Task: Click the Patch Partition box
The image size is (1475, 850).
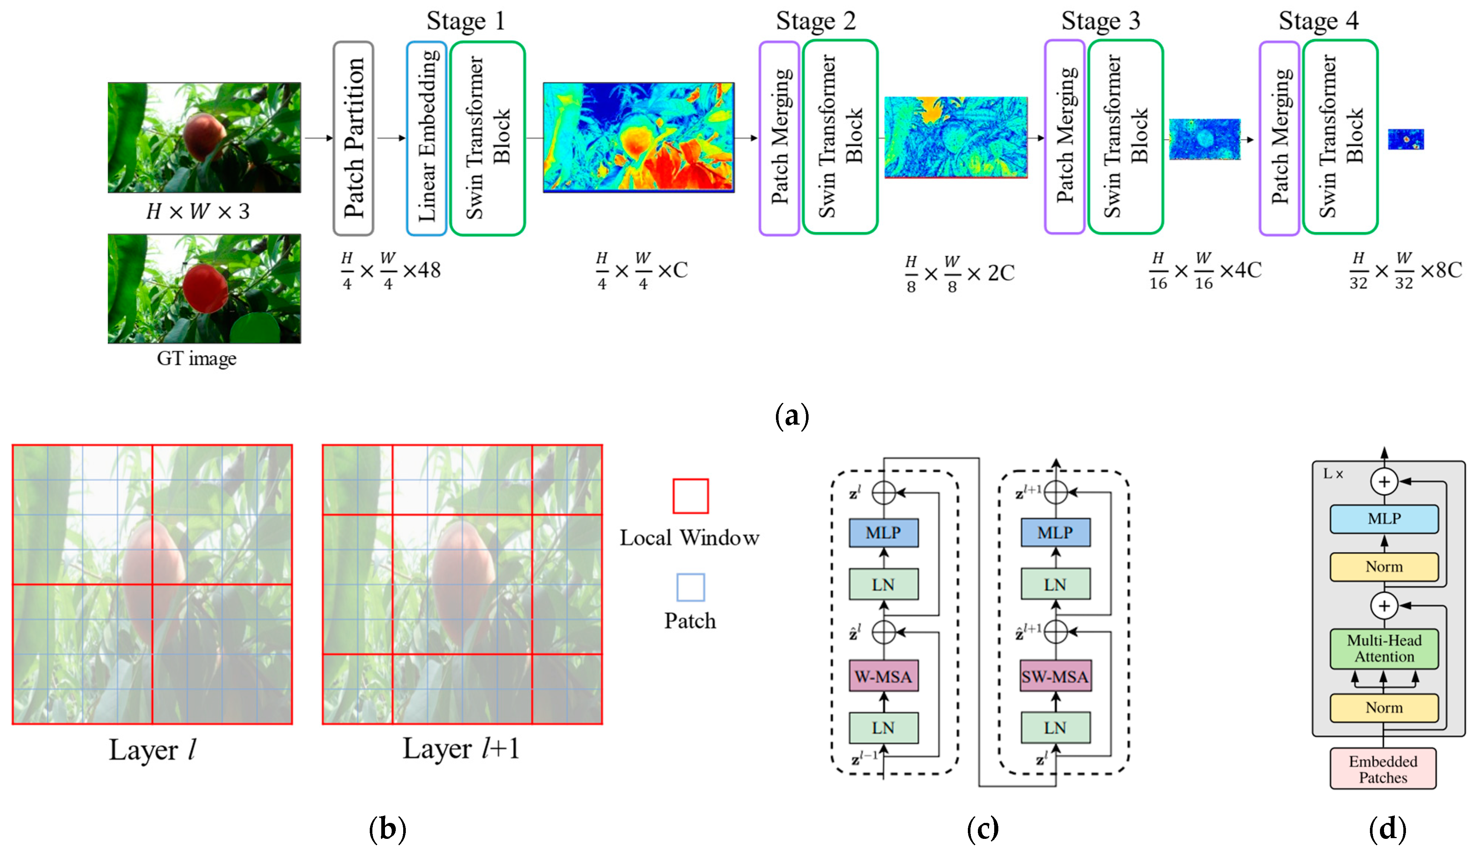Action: point(353,138)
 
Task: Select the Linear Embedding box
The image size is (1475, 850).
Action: point(427,138)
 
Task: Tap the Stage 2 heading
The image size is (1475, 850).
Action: point(815,21)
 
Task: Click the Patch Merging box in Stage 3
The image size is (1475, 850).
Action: point(1064,137)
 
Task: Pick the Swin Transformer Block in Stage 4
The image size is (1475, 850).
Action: point(1340,137)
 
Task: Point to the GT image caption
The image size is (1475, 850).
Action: point(197,358)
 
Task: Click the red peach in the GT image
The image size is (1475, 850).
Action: point(205,287)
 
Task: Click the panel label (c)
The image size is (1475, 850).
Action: point(983,828)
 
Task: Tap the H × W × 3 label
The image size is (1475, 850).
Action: point(198,211)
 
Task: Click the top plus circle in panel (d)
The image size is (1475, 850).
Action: point(1384,482)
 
